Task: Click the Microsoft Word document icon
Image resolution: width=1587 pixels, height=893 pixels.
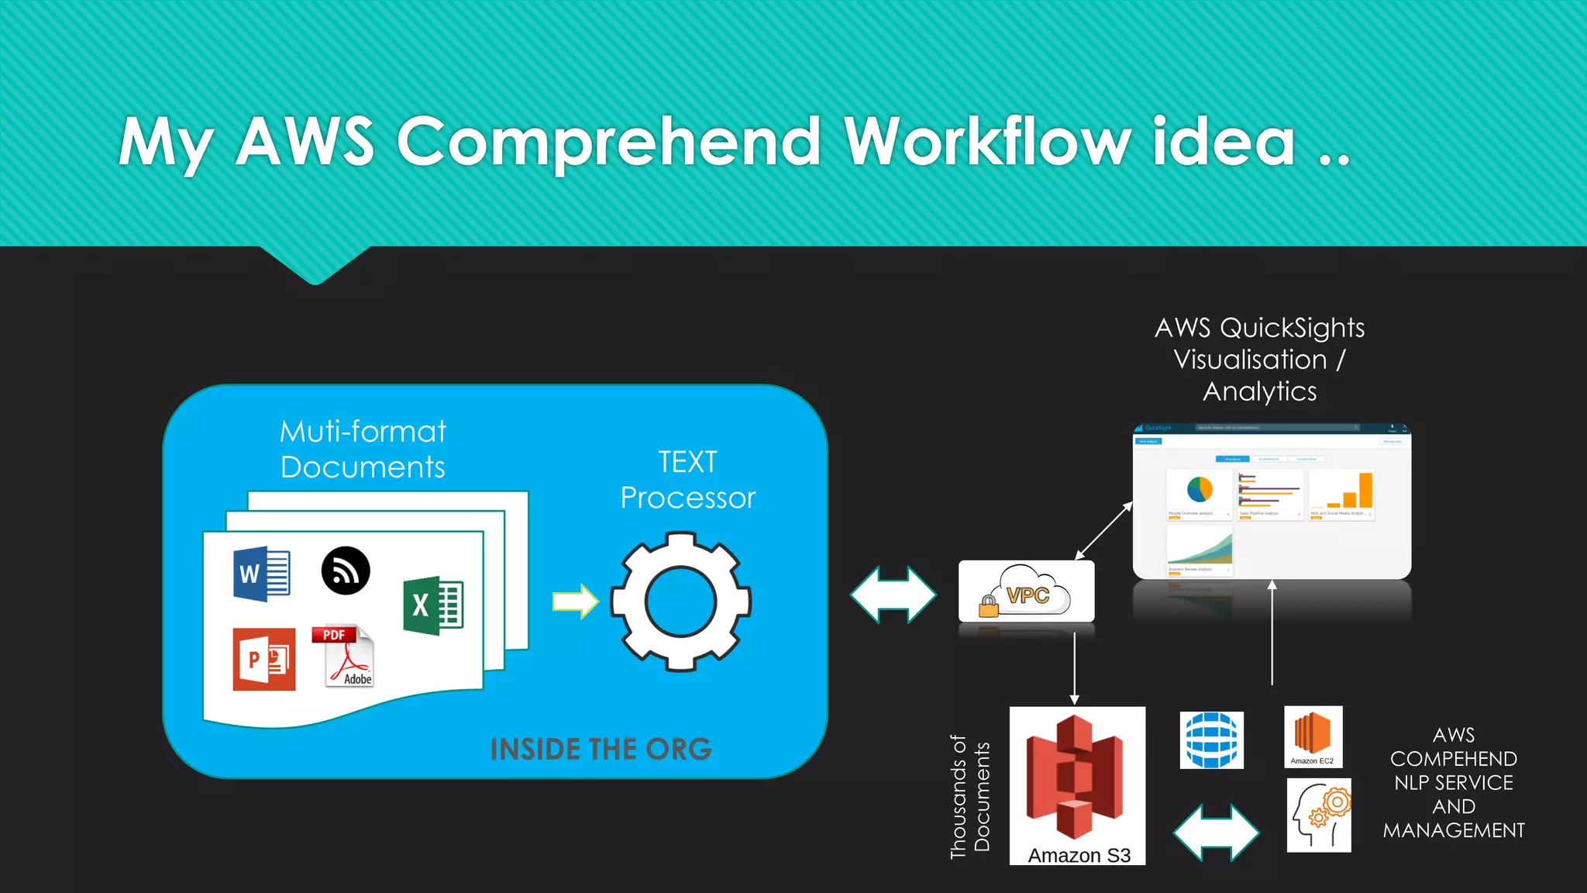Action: pyautogui.click(x=262, y=574)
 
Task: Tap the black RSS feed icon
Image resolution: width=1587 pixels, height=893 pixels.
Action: pyautogui.click(x=346, y=571)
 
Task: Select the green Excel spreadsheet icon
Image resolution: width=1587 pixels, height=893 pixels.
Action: pyautogui.click(x=433, y=605)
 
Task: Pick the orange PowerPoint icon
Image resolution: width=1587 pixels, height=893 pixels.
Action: pyautogui.click(x=264, y=659)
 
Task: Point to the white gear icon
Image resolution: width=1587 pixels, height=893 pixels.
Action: pyautogui.click(x=680, y=602)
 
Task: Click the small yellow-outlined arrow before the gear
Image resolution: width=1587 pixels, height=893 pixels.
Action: pyautogui.click(x=575, y=602)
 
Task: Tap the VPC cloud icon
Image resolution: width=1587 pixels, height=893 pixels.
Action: pyautogui.click(x=1026, y=591)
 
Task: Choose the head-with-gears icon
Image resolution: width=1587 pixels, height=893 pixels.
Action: pyautogui.click(x=1319, y=815)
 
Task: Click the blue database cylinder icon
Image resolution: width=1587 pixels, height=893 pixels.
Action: pyautogui.click(x=1211, y=740)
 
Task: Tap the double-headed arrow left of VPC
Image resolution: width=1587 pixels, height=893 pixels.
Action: pyautogui.click(x=893, y=595)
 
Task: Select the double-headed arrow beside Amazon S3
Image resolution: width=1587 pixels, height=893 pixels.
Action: pyautogui.click(x=1216, y=833)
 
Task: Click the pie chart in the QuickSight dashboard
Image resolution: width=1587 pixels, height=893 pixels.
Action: pyautogui.click(x=1200, y=489)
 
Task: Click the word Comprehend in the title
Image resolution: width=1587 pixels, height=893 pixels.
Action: pyautogui.click(x=608, y=142)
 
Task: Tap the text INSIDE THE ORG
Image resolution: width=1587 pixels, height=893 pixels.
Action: pyautogui.click(x=601, y=749)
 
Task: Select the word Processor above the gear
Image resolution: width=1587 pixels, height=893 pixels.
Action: pyautogui.click(x=688, y=498)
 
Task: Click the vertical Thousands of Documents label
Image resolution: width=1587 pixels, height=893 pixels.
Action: pyautogui.click(x=970, y=797)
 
